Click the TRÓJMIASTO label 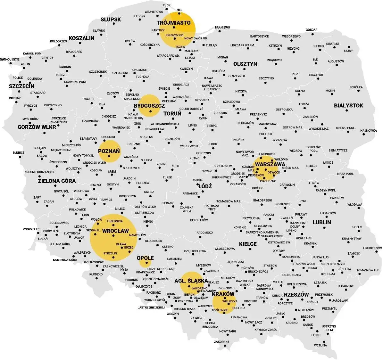tap(173, 23)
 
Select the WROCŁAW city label tap(115, 231)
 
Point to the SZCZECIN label tap(21, 86)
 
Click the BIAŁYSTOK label tap(348, 105)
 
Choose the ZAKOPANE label tap(221, 342)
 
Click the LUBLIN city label tap(322, 222)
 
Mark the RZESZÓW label tap(296, 295)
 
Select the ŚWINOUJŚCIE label tap(10, 59)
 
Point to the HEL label tap(179, 10)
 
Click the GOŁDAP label tap(311, 30)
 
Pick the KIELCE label tap(248, 244)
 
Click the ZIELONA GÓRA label tap(57, 181)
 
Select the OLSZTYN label tap(245, 64)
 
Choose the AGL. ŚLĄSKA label tap(191, 281)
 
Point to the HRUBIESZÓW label tap(372, 248)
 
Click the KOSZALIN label tap(81, 38)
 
